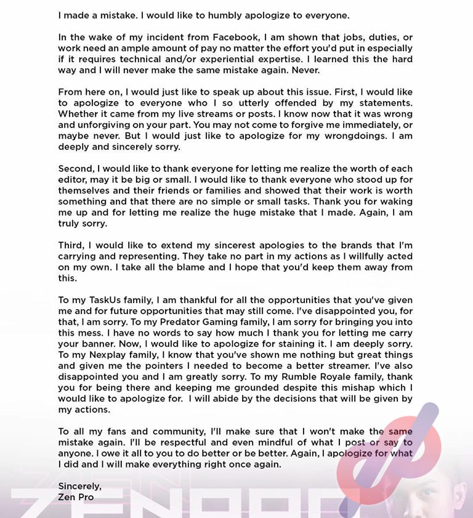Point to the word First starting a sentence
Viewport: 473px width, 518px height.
(363, 92)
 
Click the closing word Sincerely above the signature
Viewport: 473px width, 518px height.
(80, 487)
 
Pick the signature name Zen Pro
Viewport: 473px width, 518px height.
(76, 497)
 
